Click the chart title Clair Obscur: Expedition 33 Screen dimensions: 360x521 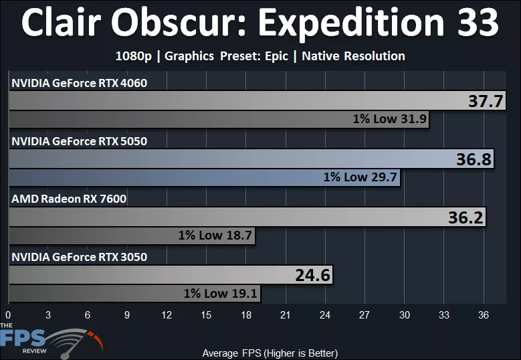[x=260, y=24]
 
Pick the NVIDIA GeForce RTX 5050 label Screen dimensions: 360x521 [x=79, y=141]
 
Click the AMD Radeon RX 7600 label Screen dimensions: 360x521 [x=69, y=199]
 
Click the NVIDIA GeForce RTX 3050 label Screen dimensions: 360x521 [x=79, y=257]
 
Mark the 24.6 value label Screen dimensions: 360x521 [x=313, y=275]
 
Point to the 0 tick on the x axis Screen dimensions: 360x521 [x=8, y=314]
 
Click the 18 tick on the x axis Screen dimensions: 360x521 [x=246, y=314]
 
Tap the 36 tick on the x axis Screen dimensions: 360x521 [x=484, y=314]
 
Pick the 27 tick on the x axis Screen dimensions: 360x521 [x=364, y=314]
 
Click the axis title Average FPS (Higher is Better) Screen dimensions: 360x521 [x=270, y=353]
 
